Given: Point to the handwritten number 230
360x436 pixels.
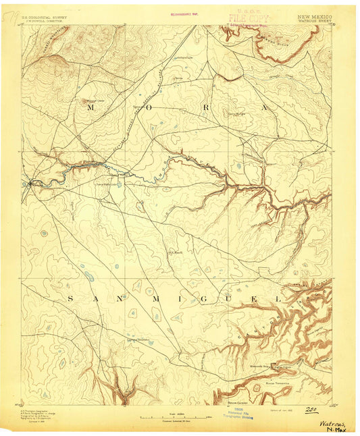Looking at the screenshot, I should tap(311, 408).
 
